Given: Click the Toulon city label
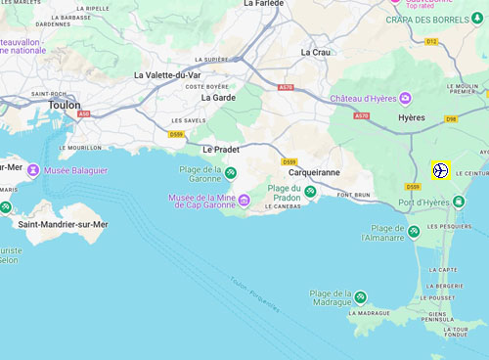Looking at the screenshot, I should tap(65, 104).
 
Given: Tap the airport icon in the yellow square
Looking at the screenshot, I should tap(440, 170).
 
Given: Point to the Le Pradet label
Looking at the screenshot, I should tap(220, 150).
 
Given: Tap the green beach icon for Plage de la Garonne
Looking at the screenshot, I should tap(231, 173).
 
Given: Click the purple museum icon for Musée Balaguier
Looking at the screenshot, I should tap(32, 170).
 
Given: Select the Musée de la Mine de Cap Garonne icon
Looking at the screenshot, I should tap(244, 202).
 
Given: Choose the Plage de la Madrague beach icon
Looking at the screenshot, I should tap(361, 296).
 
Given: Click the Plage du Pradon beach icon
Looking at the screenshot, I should tap(310, 191).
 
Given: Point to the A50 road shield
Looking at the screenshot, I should tap(85, 114).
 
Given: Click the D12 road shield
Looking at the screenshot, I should tap(431, 41).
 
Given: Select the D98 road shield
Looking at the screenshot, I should tap(451, 119).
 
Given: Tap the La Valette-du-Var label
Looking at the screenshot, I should tap(167, 75).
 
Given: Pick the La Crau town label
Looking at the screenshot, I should tap(316, 52).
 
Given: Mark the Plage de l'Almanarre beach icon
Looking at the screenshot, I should tap(414, 231).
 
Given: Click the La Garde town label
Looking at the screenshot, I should tap(218, 98).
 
